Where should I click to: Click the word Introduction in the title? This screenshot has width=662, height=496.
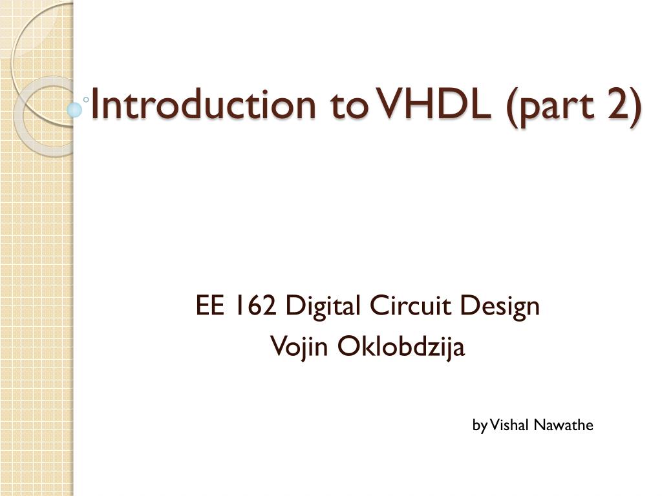tap(203, 104)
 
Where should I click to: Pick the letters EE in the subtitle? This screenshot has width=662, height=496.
tap(209, 305)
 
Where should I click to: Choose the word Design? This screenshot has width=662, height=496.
tap(500, 307)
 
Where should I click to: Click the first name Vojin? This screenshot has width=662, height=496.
tap(299, 347)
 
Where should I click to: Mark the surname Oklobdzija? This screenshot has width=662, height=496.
tap(401, 347)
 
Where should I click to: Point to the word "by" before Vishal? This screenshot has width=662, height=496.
tap(480, 426)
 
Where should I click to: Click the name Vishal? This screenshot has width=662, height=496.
tap(509, 425)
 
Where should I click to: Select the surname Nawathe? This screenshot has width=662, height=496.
tap(564, 425)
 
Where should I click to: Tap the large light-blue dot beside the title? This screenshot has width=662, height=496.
tap(74, 110)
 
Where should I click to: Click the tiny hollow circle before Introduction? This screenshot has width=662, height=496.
tap(86, 99)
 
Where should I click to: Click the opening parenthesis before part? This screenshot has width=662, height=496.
tap(512, 107)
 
